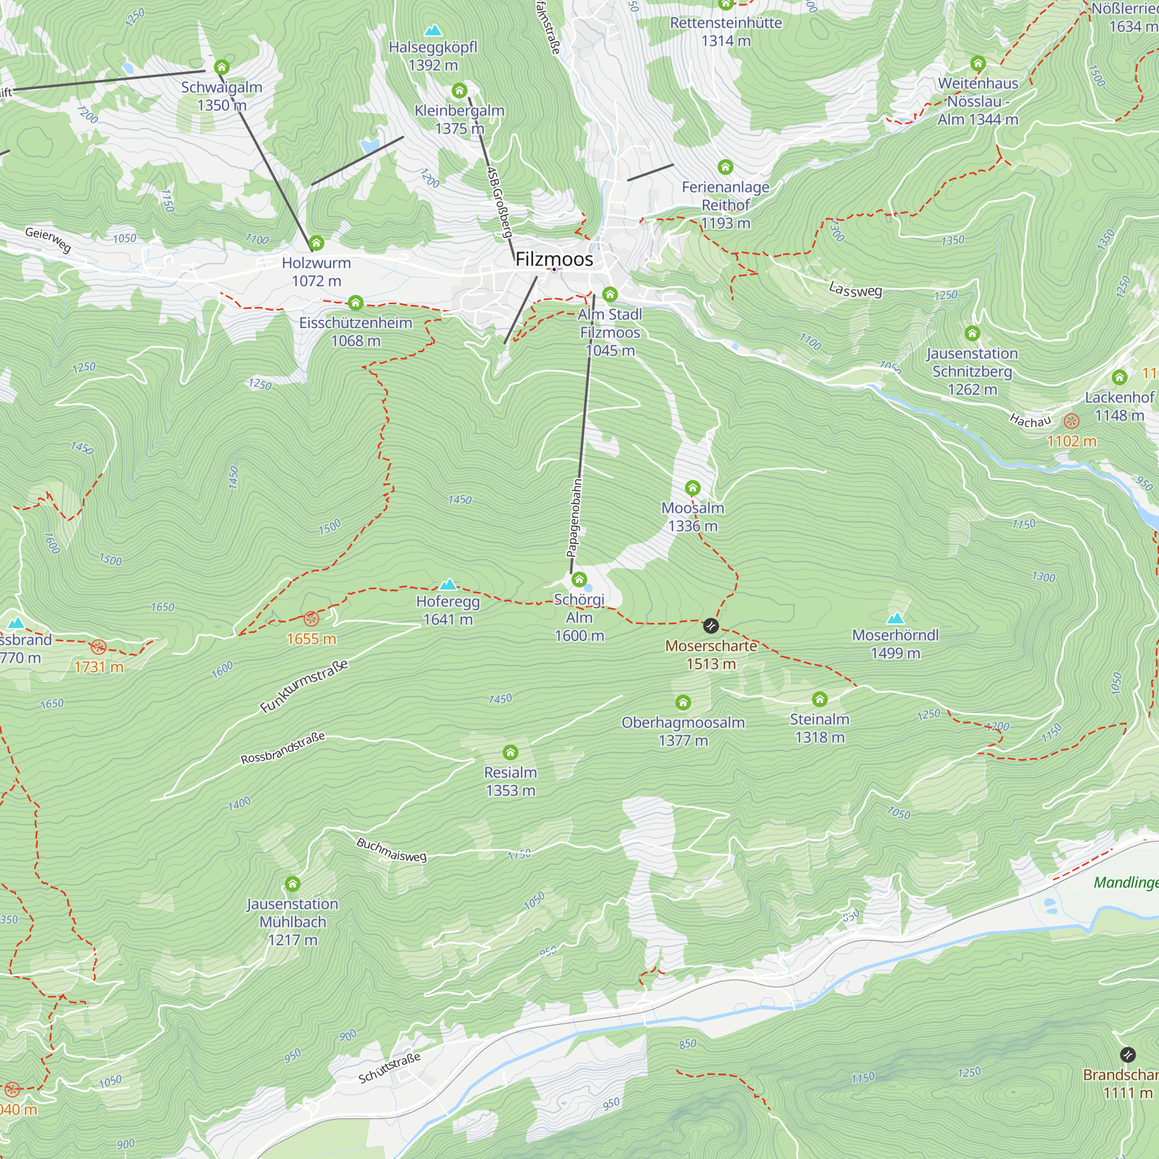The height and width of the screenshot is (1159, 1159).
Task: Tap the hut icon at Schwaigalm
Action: click(221, 67)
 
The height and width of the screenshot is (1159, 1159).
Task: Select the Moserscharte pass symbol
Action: click(710, 626)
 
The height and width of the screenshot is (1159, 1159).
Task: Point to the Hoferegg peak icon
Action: click(447, 584)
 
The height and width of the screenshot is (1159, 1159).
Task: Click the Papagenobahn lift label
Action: click(574, 517)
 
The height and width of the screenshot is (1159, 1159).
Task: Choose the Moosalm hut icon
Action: click(693, 487)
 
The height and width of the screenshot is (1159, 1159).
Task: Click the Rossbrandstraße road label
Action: click(283, 748)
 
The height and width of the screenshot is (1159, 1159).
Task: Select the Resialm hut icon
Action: click(510, 752)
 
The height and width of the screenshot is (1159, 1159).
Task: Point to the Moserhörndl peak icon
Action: click(895, 618)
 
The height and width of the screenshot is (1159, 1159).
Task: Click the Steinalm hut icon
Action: click(819, 698)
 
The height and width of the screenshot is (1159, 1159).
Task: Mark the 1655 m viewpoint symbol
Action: click(311, 618)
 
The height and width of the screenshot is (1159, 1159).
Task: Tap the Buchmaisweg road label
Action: click(391, 850)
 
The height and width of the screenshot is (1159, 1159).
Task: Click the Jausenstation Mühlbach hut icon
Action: click(292, 883)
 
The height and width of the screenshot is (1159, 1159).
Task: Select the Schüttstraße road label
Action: click(389, 1068)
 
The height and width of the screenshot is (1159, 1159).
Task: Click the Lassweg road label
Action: click(855, 290)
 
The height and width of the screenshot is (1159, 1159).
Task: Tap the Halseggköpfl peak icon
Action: click(432, 30)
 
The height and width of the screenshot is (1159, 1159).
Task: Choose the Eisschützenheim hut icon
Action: click(355, 302)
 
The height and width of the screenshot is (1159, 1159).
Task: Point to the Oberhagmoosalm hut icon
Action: click(683, 702)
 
